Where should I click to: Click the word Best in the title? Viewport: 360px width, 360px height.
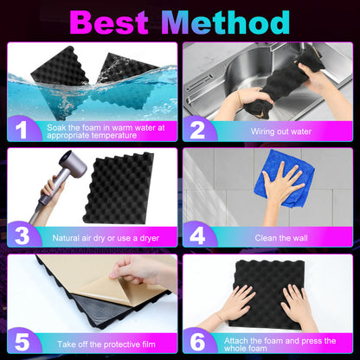(109, 22)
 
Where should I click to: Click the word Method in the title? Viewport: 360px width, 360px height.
(225, 22)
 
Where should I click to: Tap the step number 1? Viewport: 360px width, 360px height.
(22, 131)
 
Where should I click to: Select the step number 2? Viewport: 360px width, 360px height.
(197, 131)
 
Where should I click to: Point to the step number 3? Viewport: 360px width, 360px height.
(22, 236)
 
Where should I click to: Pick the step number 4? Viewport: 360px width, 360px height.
(197, 236)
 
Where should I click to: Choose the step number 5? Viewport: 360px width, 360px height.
(22, 342)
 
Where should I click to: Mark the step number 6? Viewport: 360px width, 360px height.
(197, 342)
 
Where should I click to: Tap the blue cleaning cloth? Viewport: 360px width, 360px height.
(284, 179)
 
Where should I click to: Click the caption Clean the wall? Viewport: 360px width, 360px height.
(281, 238)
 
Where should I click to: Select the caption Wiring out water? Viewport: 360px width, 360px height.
(281, 132)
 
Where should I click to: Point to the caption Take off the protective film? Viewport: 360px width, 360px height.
(106, 344)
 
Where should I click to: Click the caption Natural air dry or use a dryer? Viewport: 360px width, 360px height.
(106, 238)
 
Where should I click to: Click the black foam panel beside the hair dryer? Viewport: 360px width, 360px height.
(119, 188)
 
